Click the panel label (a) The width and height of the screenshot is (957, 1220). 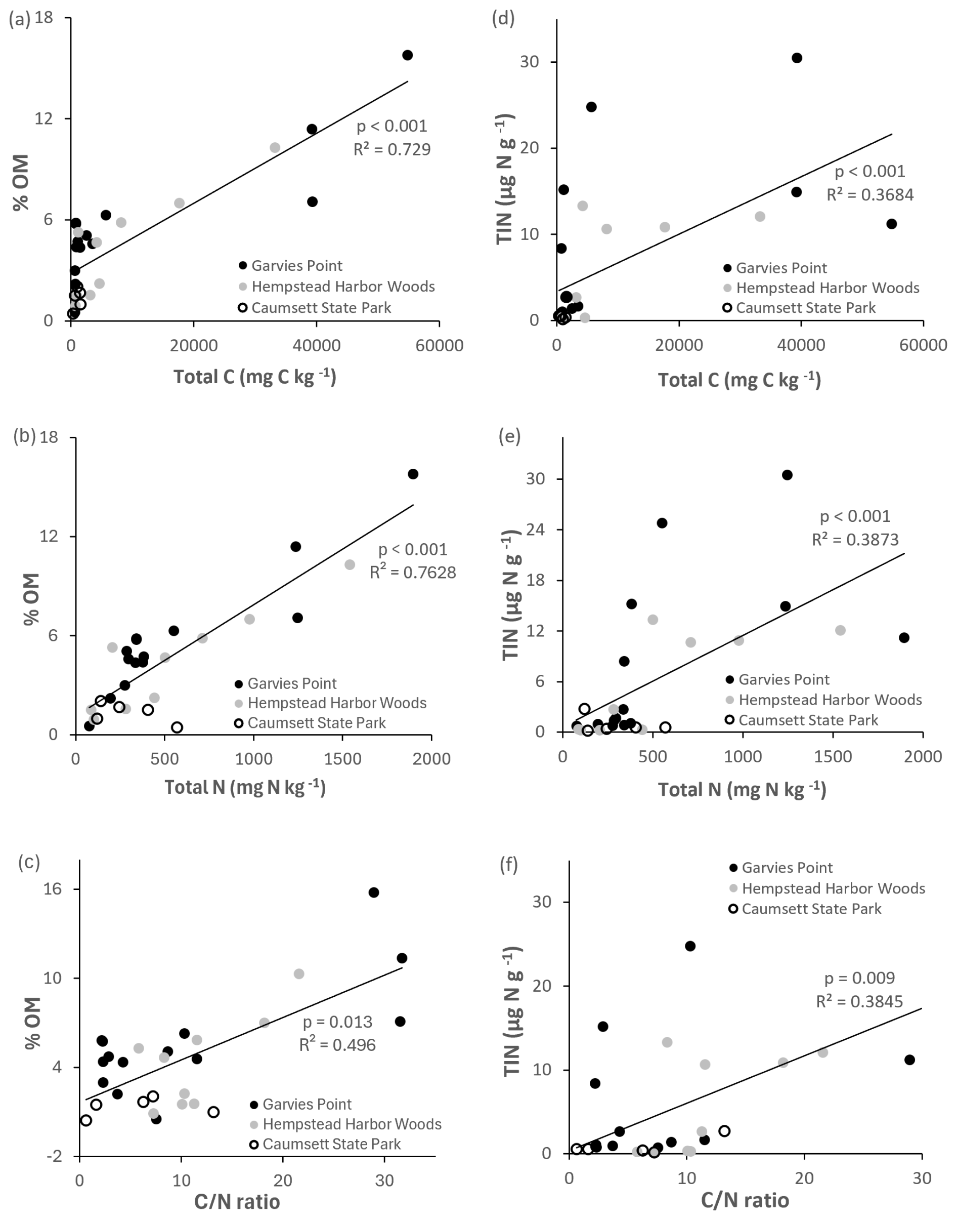(x=20, y=20)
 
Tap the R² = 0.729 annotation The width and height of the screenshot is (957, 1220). (x=391, y=150)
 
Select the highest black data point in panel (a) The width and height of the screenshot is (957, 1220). (x=407, y=55)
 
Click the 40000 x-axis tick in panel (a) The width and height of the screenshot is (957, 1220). (x=317, y=345)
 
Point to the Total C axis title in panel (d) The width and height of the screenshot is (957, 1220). (x=739, y=381)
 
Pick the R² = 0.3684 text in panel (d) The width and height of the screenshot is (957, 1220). (x=869, y=195)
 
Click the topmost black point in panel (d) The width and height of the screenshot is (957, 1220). (x=797, y=58)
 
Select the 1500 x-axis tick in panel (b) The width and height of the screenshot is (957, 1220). (x=342, y=759)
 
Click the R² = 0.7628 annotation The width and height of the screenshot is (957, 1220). (x=412, y=573)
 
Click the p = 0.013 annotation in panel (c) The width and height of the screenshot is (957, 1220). (x=337, y=1022)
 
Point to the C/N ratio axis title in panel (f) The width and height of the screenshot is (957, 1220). (x=745, y=1200)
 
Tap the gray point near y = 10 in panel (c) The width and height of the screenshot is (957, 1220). (x=298, y=974)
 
